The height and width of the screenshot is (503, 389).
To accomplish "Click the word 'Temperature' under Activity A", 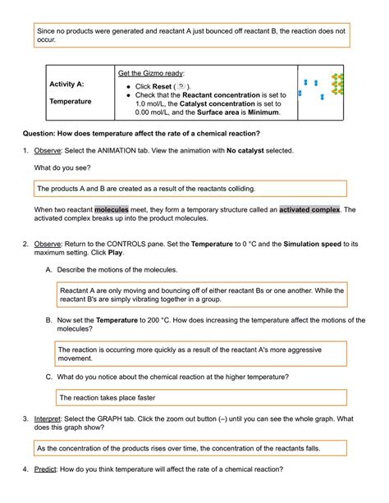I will [71, 102].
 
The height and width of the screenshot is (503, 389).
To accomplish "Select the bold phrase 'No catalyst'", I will [249, 151].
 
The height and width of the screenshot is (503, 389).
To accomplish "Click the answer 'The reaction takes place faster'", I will [108, 396].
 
